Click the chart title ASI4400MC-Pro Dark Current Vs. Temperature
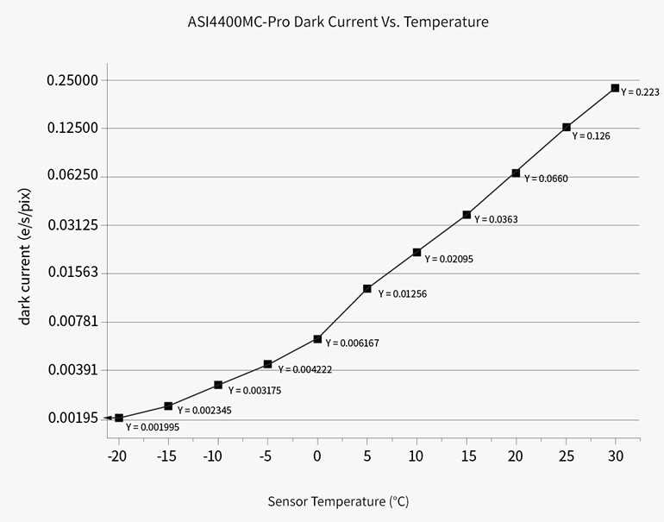(337, 22)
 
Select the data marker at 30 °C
(615, 88)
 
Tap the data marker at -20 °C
(119, 418)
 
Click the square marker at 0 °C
(317, 339)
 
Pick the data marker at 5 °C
(367, 289)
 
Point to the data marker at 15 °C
(467, 215)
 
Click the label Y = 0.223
(640, 92)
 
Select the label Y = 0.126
(592, 136)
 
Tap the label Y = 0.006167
(352, 343)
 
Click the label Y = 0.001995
(153, 426)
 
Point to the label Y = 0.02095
(449, 259)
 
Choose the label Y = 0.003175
(254, 391)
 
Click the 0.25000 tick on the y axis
(72, 80)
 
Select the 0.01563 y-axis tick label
(72, 273)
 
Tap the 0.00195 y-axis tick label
(72, 418)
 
